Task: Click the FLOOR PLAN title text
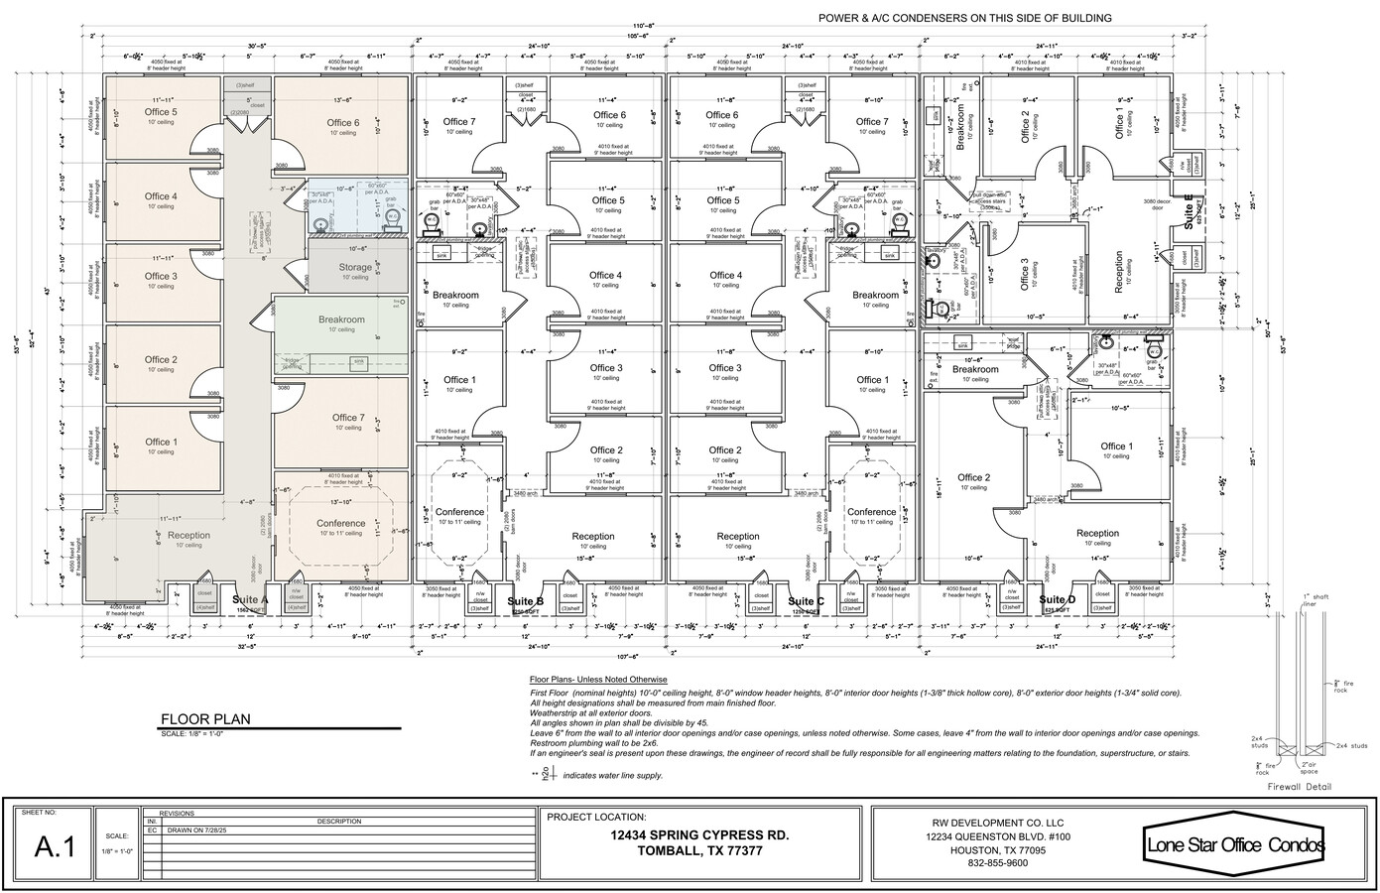(205, 719)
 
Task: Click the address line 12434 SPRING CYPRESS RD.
(699, 835)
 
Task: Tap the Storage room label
(355, 267)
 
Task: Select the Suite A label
(250, 600)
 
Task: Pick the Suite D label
(1058, 600)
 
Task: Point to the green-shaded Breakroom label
(341, 319)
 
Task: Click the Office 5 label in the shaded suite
(161, 113)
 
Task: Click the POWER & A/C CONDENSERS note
(964, 18)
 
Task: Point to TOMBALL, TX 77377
(699, 851)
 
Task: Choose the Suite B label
(525, 601)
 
